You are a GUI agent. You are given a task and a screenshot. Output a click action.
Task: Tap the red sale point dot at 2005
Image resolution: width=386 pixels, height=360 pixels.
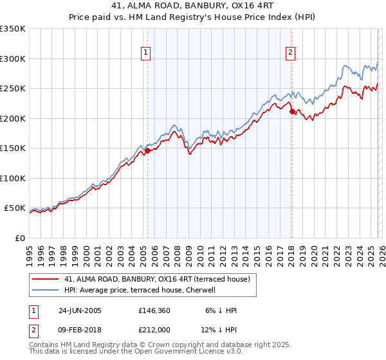point(147,150)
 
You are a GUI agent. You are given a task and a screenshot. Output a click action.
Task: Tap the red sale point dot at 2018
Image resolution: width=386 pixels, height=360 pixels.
point(291,111)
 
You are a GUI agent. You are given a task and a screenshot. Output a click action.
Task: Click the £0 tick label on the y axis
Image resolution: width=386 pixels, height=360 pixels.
point(19,238)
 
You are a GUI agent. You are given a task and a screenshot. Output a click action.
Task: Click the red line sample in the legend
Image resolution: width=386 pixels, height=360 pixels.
point(46,279)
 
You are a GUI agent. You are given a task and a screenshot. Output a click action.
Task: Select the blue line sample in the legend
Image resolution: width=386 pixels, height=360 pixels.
point(46,291)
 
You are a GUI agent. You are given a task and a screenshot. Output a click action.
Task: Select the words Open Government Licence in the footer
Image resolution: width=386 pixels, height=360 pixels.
point(167,353)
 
